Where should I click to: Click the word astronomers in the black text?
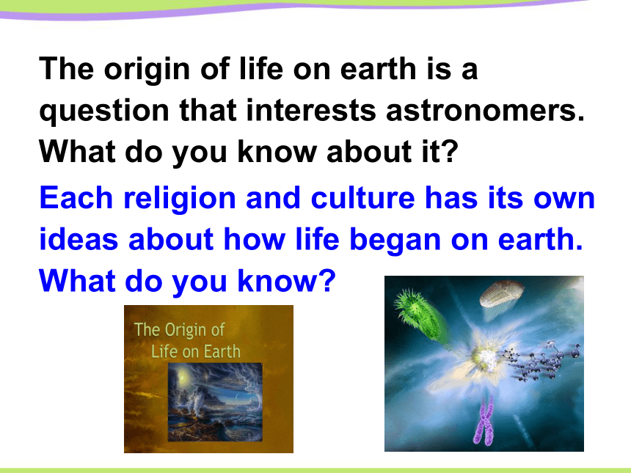[x=485, y=111]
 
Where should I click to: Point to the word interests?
[x=310, y=110]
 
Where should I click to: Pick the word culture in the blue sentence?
[x=362, y=198]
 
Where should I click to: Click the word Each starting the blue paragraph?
[x=76, y=198]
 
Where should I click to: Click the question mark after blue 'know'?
[x=327, y=280]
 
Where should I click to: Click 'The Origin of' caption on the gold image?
[x=179, y=330]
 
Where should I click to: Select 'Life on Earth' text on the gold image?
[x=196, y=351]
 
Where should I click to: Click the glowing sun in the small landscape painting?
[x=182, y=378]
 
